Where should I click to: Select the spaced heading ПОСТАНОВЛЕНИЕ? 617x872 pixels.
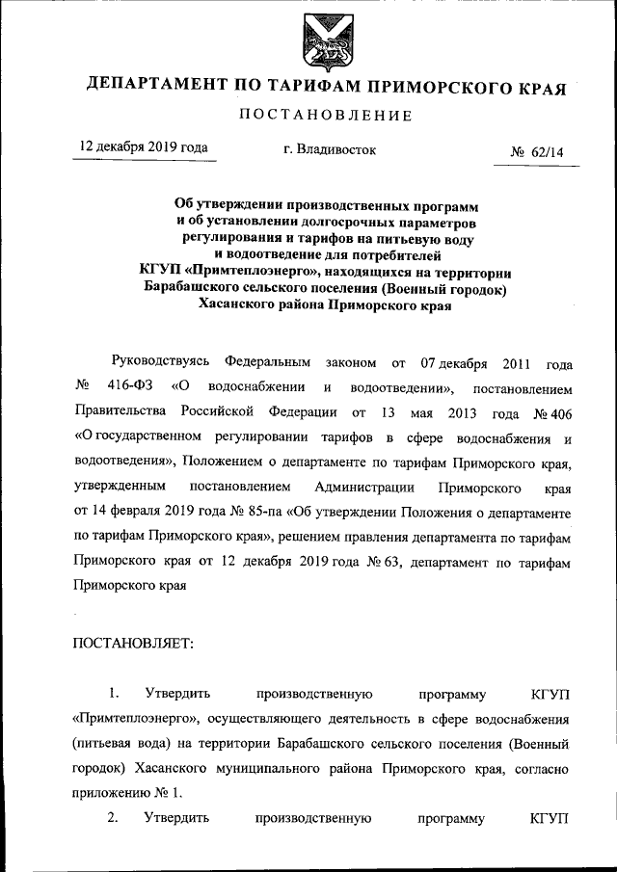click(x=324, y=117)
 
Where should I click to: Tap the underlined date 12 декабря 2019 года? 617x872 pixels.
click(x=145, y=148)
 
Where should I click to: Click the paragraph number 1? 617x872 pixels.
click(x=114, y=693)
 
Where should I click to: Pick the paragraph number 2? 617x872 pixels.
click(x=114, y=820)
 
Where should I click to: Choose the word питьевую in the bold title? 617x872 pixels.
click(x=416, y=238)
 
